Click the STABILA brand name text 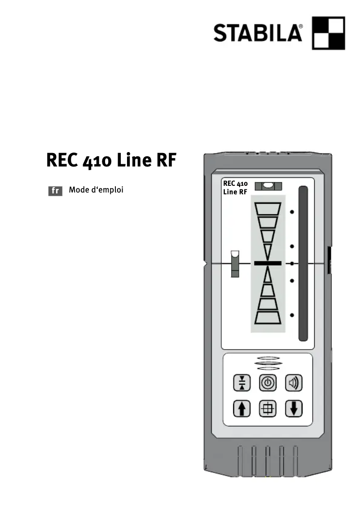[258, 33]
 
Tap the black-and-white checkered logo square [328, 33]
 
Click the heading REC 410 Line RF [111, 160]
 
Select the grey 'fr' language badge [55, 191]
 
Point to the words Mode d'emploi [96, 190]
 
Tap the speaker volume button [294, 383]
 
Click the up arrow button [242, 408]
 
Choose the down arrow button [294, 408]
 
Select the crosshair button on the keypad [268, 408]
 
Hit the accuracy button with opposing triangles [242, 383]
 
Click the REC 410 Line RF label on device [235, 188]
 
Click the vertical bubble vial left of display [235, 264]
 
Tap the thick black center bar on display [268, 263]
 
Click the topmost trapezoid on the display [268, 209]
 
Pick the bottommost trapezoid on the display [268, 317]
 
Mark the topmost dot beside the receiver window [292, 212]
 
